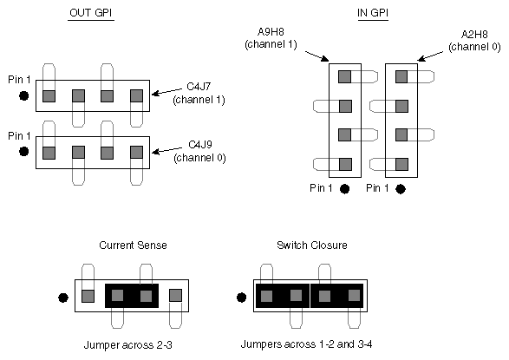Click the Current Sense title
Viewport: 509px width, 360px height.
tap(133, 245)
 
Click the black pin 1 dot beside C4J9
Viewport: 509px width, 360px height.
tap(24, 152)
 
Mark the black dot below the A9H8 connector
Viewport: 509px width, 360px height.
tap(345, 187)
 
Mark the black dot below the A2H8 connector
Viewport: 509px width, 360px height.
tap(401, 187)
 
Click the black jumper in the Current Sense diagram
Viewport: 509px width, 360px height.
tap(131, 296)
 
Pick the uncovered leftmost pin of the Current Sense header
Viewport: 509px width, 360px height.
tap(88, 296)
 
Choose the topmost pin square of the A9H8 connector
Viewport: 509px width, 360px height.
tap(344, 76)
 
